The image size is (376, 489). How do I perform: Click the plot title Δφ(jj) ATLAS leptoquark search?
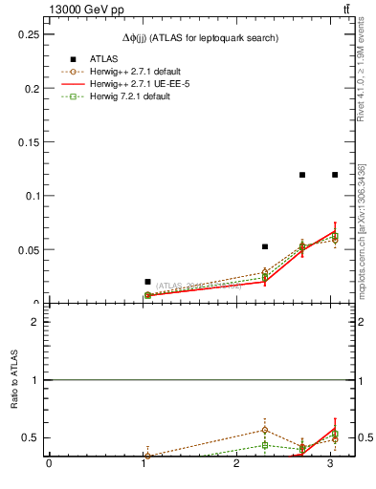coord(200,38)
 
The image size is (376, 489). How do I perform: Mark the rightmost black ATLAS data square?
coord(335,175)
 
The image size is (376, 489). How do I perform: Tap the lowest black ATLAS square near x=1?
coord(147,282)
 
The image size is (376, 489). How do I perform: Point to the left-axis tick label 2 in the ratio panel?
coord(34,322)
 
